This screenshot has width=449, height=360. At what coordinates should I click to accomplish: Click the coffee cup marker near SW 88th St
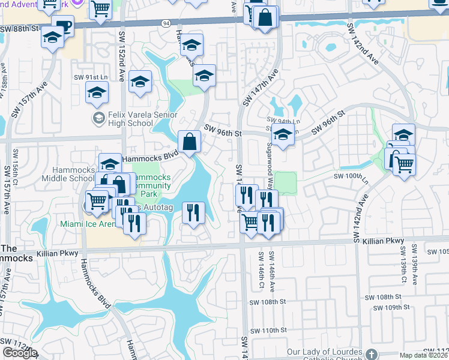click(x=62, y=26)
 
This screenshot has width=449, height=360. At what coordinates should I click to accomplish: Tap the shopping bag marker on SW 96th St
click(x=190, y=142)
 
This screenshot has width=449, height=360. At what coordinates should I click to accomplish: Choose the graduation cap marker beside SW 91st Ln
click(x=97, y=92)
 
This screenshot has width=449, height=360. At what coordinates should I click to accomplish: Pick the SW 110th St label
click(x=268, y=331)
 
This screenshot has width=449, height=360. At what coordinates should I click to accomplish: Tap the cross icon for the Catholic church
click(x=372, y=353)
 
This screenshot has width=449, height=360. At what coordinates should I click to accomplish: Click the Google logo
click(x=20, y=353)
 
